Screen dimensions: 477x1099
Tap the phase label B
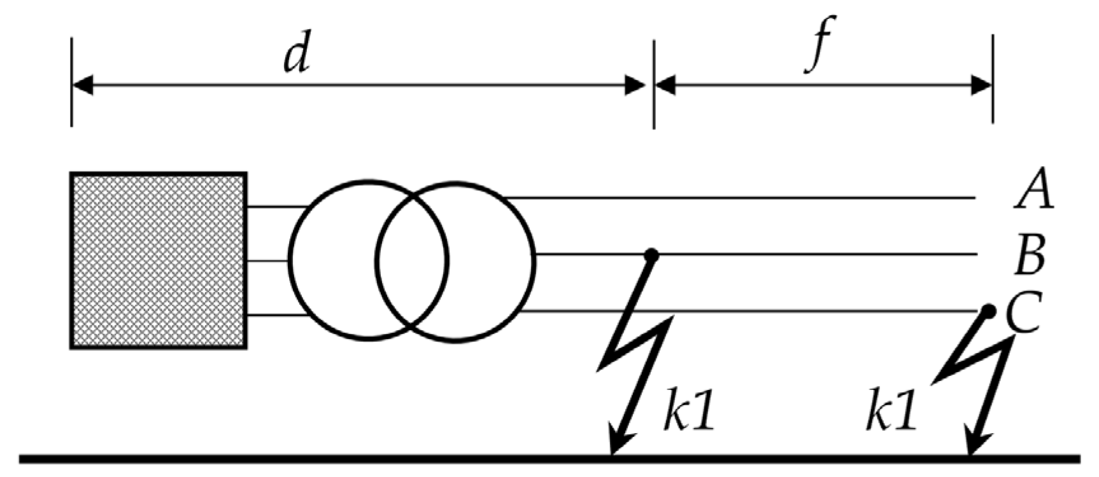[1029, 256]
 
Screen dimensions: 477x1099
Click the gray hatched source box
[159, 260]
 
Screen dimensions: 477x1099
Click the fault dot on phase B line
[651, 255]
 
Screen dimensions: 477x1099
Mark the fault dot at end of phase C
[988, 311]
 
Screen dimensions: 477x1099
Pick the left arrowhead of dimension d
[83, 85]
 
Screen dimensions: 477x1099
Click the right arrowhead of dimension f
[981, 85]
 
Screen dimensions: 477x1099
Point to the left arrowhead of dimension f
[665, 85]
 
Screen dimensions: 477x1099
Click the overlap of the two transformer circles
[413, 260]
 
